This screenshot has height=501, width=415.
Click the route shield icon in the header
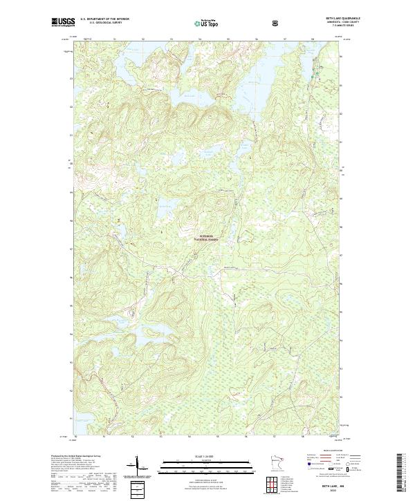277,23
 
